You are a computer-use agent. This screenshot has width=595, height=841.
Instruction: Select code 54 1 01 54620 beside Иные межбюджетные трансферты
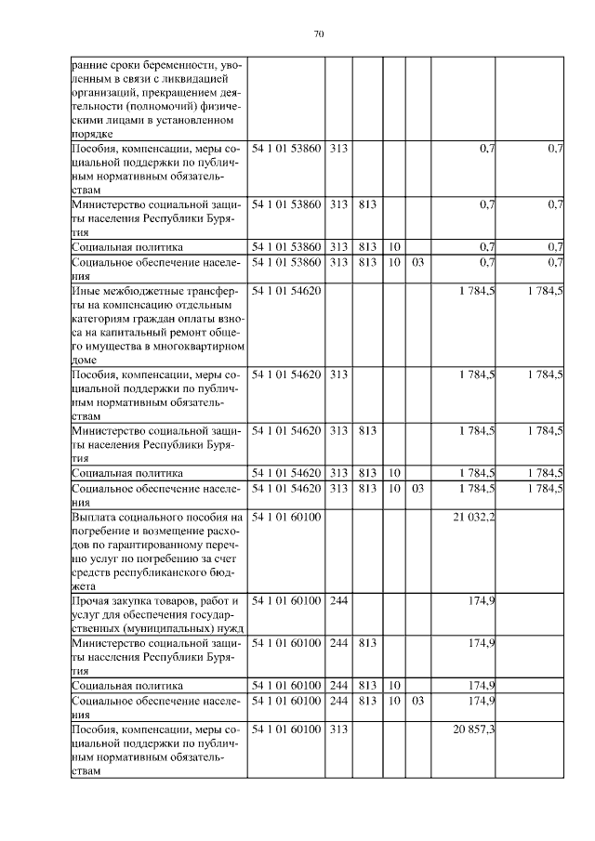click(286, 291)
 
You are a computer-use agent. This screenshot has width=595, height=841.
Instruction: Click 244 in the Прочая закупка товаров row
click(338, 600)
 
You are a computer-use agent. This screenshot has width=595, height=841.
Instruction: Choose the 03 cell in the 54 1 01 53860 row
click(417, 262)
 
